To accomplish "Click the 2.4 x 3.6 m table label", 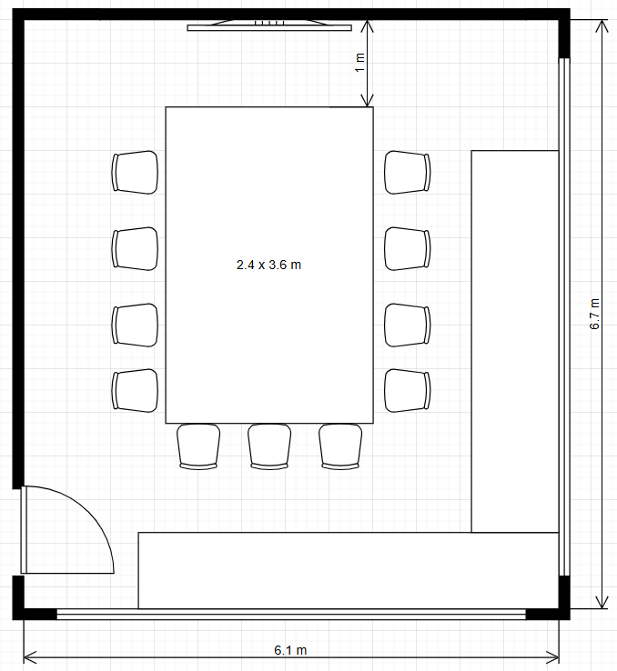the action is [268, 265].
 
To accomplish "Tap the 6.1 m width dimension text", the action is [290, 650].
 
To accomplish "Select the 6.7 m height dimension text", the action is [595, 314].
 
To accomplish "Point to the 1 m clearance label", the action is [359, 63].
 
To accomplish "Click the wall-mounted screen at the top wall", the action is [269, 25].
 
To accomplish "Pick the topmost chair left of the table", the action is [135, 173].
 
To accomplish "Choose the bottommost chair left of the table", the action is [135, 391].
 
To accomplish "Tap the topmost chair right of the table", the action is [407, 173].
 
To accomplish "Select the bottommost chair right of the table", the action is [407, 391].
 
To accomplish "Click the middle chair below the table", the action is [269, 446].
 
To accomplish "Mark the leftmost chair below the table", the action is [198, 446].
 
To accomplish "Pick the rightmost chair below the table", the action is [340, 446].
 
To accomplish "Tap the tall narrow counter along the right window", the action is [515, 342].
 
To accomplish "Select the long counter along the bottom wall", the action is [349, 570].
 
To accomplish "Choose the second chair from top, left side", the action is [135, 249].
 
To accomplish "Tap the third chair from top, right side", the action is [407, 325].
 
